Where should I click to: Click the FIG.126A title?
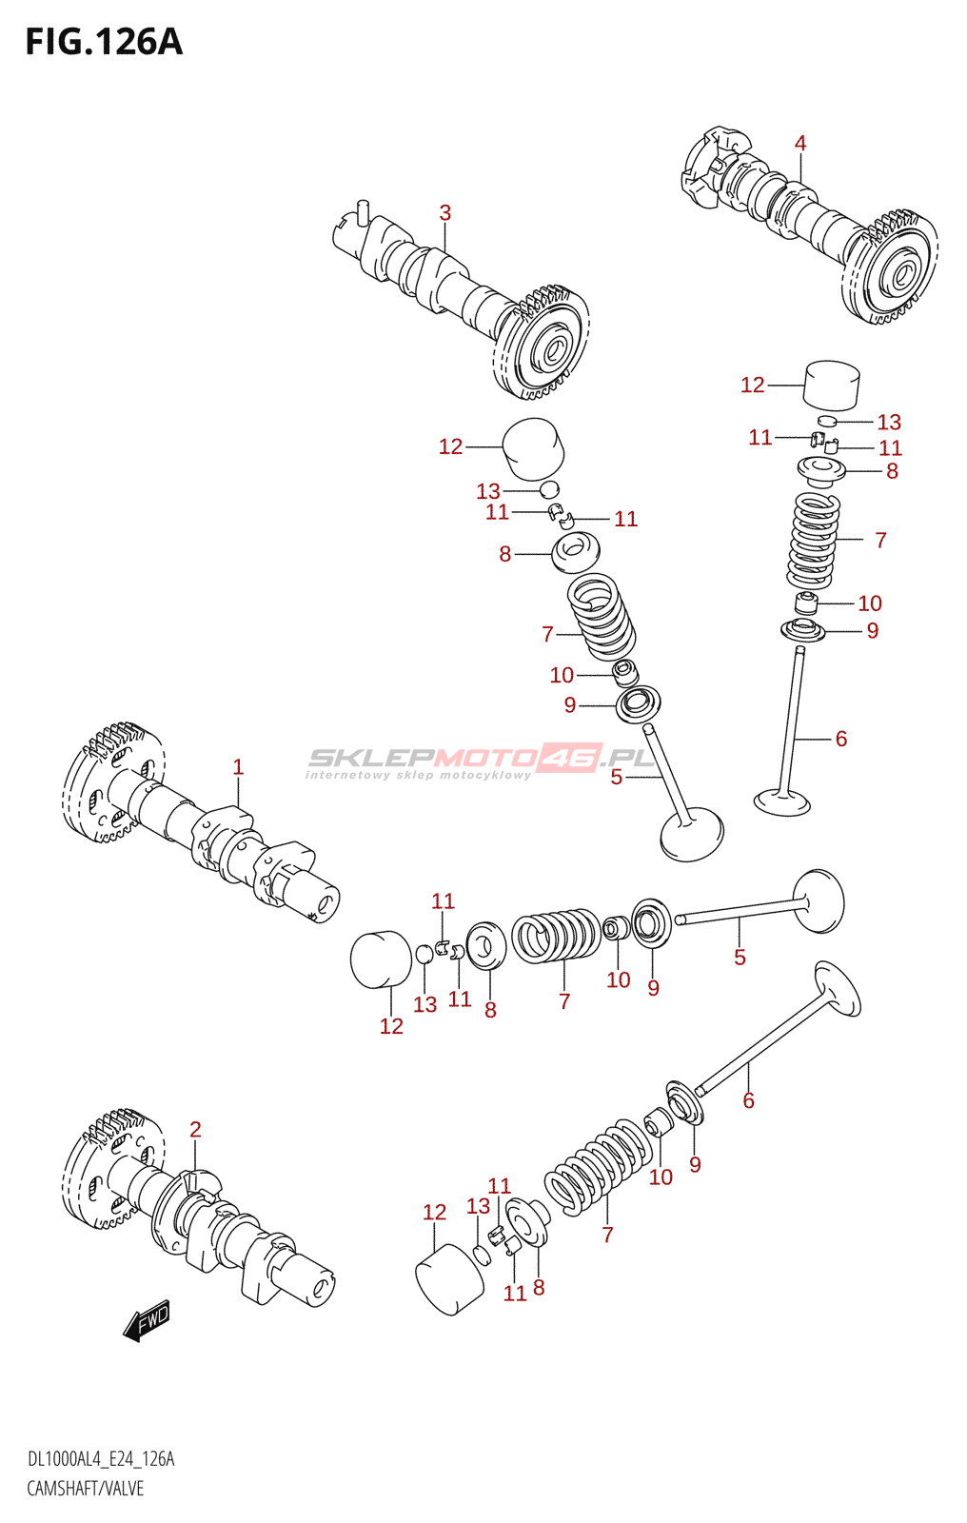pyautogui.click(x=103, y=42)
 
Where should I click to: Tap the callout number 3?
pyautogui.click(x=444, y=213)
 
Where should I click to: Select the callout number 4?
pyautogui.click(x=800, y=144)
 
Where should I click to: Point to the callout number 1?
pyautogui.click(x=238, y=767)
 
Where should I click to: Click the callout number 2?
pyautogui.click(x=195, y=1130)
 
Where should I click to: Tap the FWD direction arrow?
pyautogui.click(x=148, y=1320)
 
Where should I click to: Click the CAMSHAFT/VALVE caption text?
pyautogui.click(x=86, y=1489)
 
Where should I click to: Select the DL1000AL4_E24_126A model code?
pyautogui.click(x=101, y=1459)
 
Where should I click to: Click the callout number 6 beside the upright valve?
pyautogui.click(x=840, y=739)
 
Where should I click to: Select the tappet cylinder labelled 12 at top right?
pyautogui.click(x=832, y=385)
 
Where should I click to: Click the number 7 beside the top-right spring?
pyautogui.click(x=880, y=541)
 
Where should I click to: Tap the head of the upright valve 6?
pyautogui.click(x=782, y=802)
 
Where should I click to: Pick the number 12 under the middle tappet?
pyautogui.click(x=391, y=1026)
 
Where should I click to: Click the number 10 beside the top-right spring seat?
pyautogui.click(x=870, y=603)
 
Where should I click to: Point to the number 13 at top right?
pyautogui.click(x=889, y=422)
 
